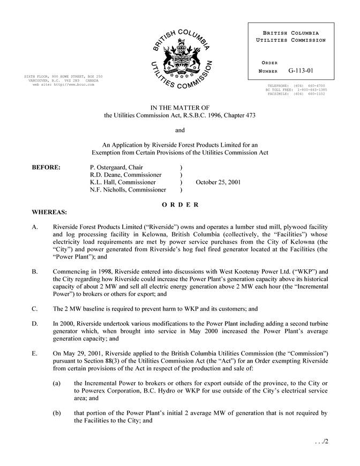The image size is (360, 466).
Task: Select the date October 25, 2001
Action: click(x=218, y=182)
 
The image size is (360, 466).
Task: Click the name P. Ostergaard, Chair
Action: click(x=116, y=167)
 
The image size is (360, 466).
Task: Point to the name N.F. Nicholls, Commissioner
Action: click(x=128, y=190)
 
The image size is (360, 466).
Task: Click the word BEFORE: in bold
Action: click(x=47, y=167)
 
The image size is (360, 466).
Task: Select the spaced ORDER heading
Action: click(x=180, y=205)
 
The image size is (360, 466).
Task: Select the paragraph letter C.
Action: click(x=35, y=309)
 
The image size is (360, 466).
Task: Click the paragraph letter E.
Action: click(x=35, y=354)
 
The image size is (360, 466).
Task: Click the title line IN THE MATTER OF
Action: click(x=179, y=108)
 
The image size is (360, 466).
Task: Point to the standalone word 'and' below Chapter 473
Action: click(x=180, y=130)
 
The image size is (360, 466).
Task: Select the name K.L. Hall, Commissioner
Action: click(x=123, y=182)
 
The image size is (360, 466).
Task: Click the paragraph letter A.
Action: click(x=35, y=227)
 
